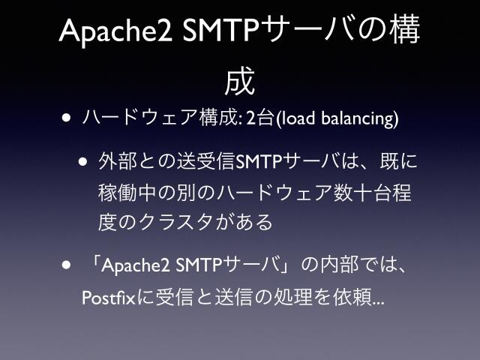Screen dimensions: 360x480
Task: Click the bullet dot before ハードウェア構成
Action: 68,118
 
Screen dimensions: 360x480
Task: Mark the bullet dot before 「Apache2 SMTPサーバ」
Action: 68,265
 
